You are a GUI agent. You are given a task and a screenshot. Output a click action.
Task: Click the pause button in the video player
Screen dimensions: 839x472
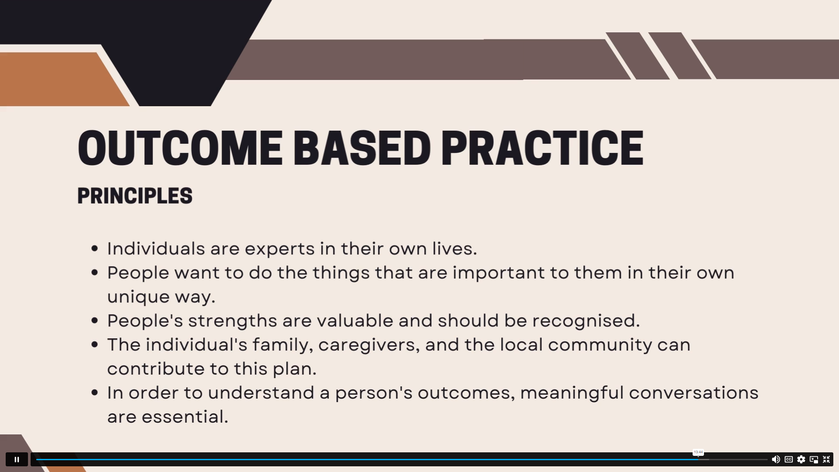17,459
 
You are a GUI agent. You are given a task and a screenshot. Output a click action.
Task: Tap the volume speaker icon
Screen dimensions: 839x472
776,459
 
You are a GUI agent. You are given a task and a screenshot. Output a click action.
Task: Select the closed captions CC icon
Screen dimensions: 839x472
789,459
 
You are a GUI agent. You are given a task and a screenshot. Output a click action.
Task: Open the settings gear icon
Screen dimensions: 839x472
801,459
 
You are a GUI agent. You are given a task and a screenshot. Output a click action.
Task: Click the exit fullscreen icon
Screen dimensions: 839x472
826,459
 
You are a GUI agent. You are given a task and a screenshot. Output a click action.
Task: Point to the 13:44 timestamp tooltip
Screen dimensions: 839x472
698,452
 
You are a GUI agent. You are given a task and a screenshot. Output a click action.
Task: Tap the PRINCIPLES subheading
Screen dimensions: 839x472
135,196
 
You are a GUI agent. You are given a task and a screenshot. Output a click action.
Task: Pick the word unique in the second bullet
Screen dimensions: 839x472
139,297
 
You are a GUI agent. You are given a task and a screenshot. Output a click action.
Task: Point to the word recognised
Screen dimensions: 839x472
586,321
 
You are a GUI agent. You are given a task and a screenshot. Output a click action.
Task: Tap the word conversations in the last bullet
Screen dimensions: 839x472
694,393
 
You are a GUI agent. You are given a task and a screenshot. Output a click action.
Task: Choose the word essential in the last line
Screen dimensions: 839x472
185,416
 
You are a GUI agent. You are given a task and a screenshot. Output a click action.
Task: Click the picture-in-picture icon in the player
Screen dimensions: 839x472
814,459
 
